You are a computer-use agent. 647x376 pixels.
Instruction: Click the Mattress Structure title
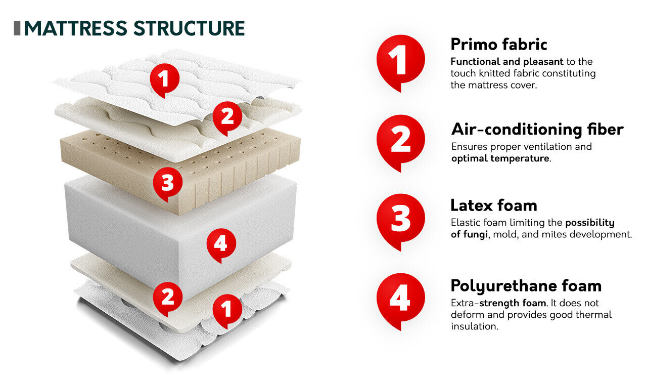click(x=134, y=28)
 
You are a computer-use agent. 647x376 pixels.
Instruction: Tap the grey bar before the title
click(x=17, y=28)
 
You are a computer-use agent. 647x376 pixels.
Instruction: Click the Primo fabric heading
click(x=498, y=45)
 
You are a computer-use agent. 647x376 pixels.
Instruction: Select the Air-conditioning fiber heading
click(x=537, y=130)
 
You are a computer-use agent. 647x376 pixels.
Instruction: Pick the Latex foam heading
click(x=493, y=205)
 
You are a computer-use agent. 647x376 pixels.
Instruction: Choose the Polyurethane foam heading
click(x=526, y=286)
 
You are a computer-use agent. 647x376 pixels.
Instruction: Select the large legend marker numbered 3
click(x=401, y=220)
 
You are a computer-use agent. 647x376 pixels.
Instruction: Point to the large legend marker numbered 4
click(x=401, y=300)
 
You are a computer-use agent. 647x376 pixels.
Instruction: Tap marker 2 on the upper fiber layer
click(x=227, y=118)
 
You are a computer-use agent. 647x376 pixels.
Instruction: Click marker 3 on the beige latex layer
click(x=167, y=183)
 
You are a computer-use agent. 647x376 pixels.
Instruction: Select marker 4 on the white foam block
click(x=220, y=244)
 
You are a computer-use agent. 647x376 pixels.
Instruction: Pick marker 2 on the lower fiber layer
click(x=167, y=297)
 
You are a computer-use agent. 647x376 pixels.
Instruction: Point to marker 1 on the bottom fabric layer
click(x=227, y=309)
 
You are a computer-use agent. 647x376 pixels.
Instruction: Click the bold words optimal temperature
click(x=499, y=158)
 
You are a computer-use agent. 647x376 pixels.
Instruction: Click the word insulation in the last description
click(x=474, y=326)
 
